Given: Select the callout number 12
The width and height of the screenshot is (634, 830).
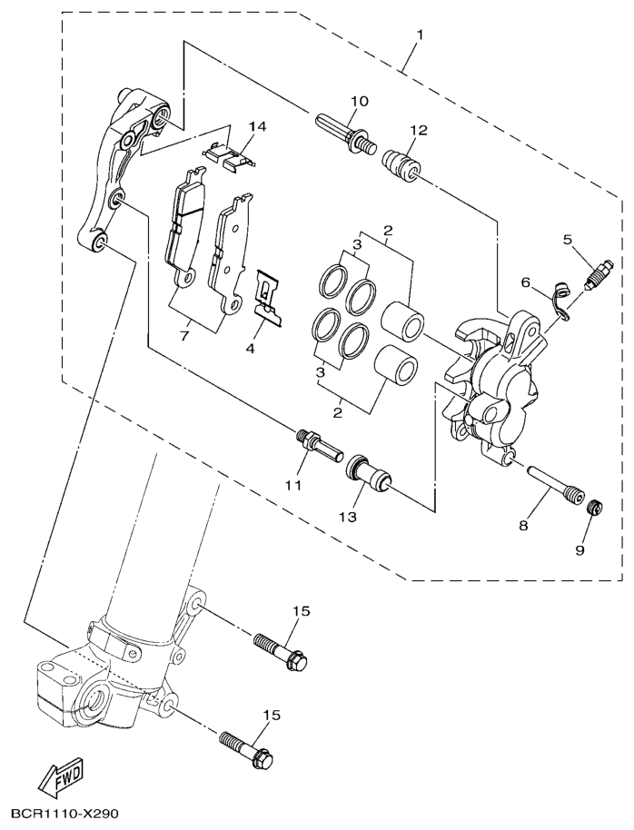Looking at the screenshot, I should (x=417, y=131).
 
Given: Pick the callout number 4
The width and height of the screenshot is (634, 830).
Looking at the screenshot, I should (x=252, y=348).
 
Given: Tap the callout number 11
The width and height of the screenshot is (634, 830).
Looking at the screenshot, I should (x=292, y=486).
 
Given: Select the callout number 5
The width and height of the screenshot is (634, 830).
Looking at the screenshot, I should (x=568, y=240).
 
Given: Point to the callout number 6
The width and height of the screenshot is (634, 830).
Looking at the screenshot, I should (x=526, y=282).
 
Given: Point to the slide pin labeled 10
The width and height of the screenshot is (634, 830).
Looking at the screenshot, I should (x=346, y=133).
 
